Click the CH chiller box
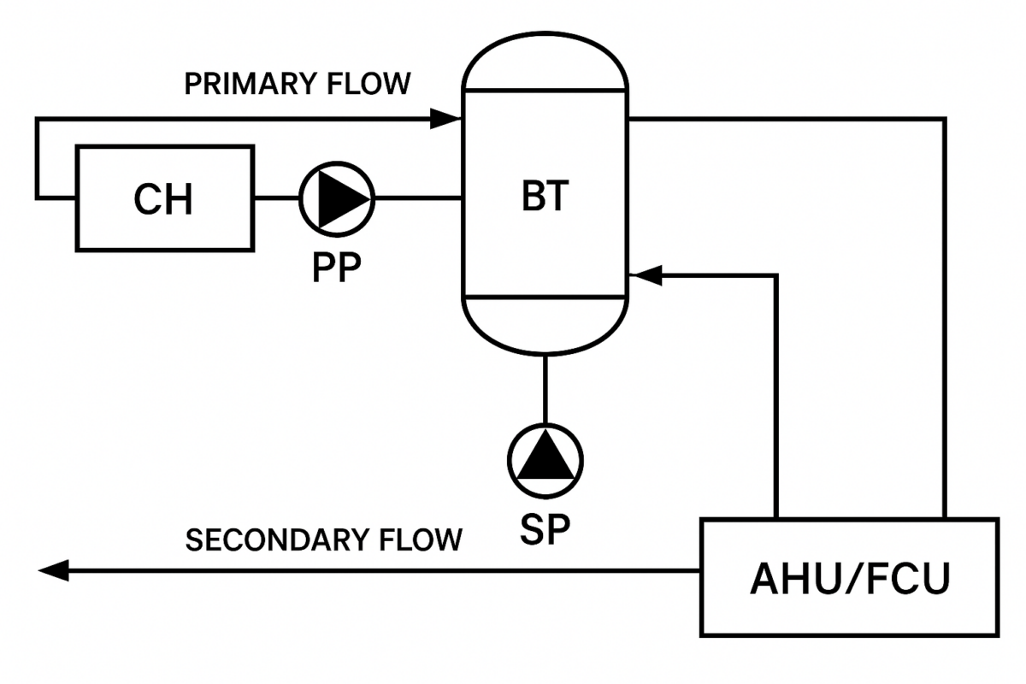tap(164, 198)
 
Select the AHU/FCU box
tap(849, 577)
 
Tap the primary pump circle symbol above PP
tap(336, 198)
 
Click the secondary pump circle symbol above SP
tap(545, 460)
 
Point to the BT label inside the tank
tap(545, 197)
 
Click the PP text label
tap(336, 268)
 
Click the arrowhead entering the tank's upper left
tap(445, 119)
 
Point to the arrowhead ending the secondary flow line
tap(53, 570)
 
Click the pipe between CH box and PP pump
tap(276, 198)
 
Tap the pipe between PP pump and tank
tap(417, 198)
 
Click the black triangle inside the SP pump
tap(545, 462)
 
